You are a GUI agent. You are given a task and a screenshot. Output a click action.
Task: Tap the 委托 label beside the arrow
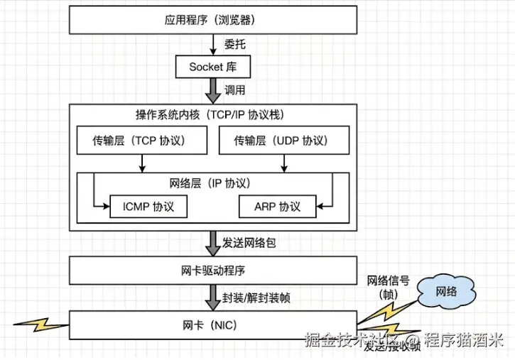(235, 43)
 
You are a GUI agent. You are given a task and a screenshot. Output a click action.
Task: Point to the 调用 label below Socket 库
(235, 90)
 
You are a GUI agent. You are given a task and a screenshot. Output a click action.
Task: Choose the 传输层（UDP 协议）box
(283, 141)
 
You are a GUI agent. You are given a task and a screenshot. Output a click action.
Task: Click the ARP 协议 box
(277, 207)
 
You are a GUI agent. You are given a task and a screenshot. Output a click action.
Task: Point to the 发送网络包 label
(249, 243)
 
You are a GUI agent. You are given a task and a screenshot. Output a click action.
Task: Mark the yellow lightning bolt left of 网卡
(43, 325)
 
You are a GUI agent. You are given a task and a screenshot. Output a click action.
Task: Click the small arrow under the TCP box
(143, 163)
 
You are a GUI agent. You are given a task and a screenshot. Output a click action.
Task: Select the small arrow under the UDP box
(283, 163)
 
